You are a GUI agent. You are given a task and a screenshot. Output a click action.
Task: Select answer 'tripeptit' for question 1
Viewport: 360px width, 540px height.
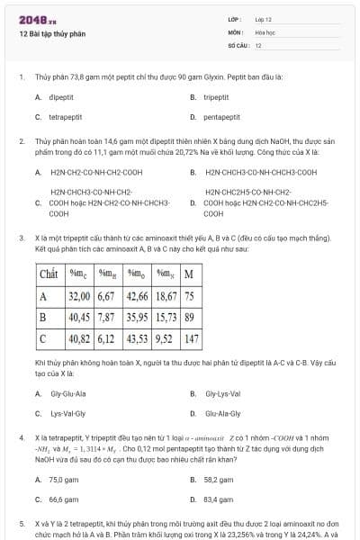click(x=216, y=96)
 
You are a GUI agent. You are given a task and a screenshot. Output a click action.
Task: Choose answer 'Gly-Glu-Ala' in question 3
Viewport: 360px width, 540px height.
click(x=67, y=393)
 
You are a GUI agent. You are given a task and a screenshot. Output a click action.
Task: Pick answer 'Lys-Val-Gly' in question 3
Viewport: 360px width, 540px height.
click(x=67, y=414)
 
